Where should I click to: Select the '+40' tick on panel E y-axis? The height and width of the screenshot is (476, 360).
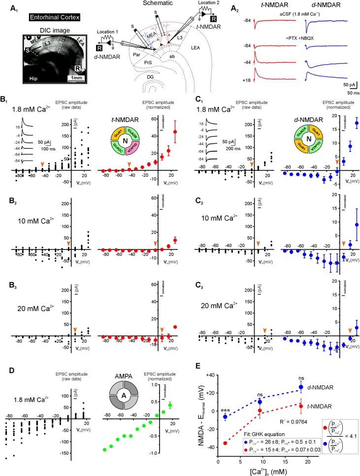pos(208,375)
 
